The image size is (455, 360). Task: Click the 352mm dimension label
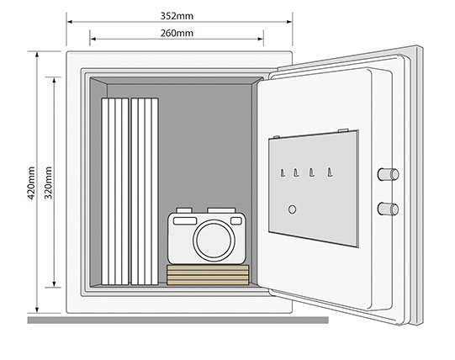click(177, 16)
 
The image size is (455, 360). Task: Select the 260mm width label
click(177, 33)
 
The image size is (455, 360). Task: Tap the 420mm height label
click(31, 183)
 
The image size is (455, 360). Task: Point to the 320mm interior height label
click(48, 183)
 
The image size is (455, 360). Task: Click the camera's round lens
click(214, 241)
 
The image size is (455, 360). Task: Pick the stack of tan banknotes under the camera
click(208, 275)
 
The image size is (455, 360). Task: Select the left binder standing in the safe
click(115, 191)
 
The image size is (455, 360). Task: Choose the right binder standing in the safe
click(145, 191)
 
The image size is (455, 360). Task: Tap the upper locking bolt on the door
click(388, 174)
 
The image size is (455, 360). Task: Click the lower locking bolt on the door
click(388, 209)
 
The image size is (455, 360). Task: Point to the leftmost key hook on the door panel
click(283, 172)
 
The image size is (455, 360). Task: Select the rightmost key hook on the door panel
click(330, 172)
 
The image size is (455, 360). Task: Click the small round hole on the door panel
click(292, 209)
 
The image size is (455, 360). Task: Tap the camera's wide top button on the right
click(221, 210)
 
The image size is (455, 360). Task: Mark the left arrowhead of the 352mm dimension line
click(69, 22)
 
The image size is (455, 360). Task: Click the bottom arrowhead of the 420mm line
click(37, 310)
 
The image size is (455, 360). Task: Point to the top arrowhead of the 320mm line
click(54, 81)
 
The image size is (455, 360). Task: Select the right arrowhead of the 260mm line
click(260, 39)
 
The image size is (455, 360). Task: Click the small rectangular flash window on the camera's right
click(236, 221)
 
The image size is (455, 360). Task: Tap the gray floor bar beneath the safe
click(178, 320)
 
